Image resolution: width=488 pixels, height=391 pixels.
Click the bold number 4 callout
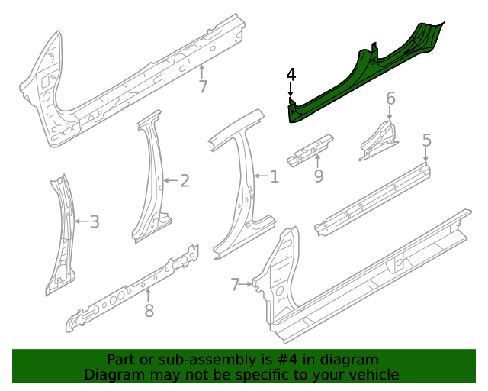291,75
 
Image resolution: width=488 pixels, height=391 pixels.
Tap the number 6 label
390,98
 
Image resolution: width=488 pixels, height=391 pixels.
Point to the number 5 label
426,140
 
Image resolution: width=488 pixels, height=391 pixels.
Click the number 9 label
319,177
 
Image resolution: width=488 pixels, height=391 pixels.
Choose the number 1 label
274,177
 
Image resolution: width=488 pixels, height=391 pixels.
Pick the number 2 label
184,180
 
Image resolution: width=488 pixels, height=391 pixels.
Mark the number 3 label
94,222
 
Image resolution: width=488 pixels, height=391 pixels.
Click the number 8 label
149,310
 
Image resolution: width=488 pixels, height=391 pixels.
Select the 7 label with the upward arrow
202,86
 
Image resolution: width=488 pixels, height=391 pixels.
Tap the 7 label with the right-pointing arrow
236,285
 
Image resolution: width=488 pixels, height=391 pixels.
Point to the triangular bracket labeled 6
380,140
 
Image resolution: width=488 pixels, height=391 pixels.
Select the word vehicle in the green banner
373,375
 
